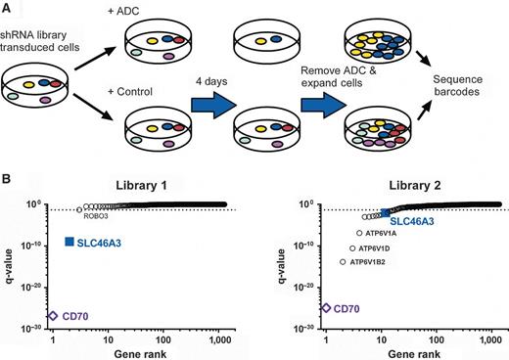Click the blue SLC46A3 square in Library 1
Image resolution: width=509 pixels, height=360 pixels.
pos(69,242)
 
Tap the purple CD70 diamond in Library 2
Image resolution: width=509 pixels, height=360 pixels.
pos(325,308)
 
